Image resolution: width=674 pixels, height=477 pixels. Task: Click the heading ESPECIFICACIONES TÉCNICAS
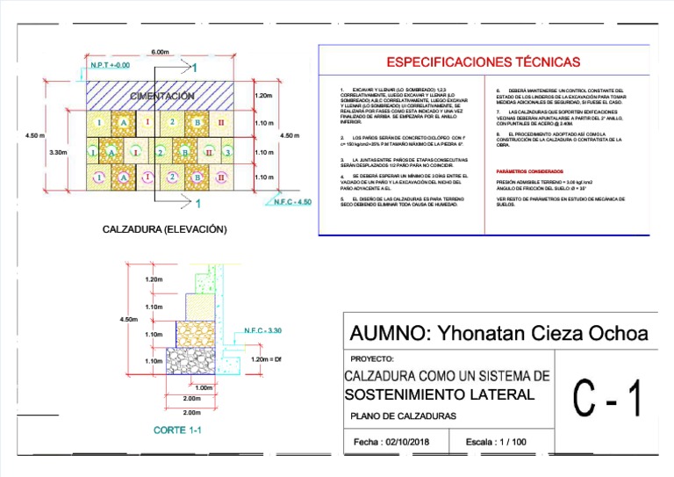pyautogui.click(x=484, y=62)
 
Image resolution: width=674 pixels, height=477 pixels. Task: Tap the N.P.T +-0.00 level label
pyautogui.click(x=110, y=66)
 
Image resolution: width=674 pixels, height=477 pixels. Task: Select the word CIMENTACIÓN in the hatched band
pyautogui.click(x=161, y=96)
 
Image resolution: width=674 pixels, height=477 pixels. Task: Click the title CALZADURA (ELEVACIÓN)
pyautogui.click(x=165, y=229)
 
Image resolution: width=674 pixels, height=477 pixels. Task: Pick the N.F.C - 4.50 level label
pyautogui.click(x=292, y=202)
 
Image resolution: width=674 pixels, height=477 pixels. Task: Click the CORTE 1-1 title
pyautogui.click(x=177, y=430)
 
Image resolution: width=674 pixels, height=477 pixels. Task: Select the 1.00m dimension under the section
pyautogui.click(x=204, y=388)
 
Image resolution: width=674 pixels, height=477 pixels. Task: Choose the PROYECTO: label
pyautogui.click(x=372, y=359)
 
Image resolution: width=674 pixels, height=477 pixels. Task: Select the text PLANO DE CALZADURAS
pyautogui.click(x=403, y=416)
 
